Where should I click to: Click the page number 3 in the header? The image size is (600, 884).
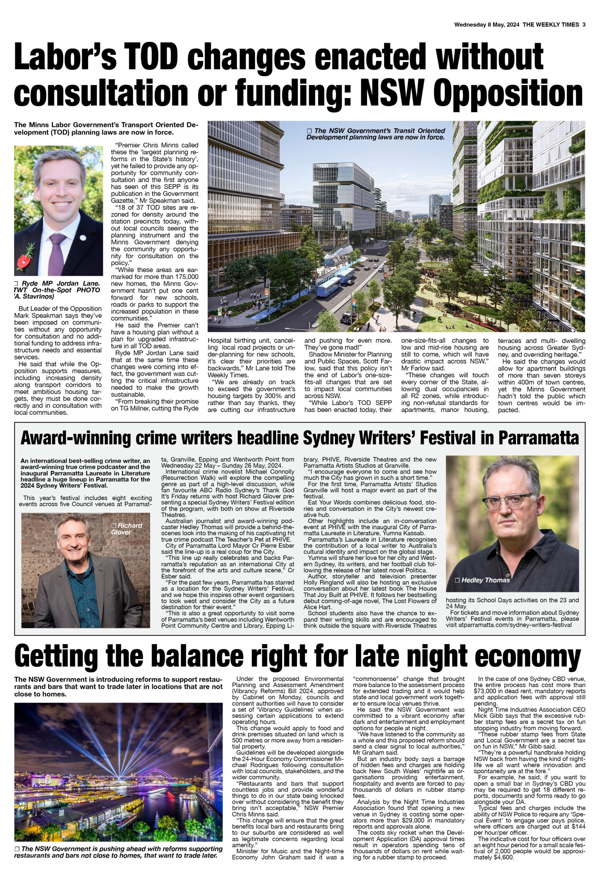pos(583,25)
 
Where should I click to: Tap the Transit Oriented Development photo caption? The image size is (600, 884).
pos(376,134)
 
